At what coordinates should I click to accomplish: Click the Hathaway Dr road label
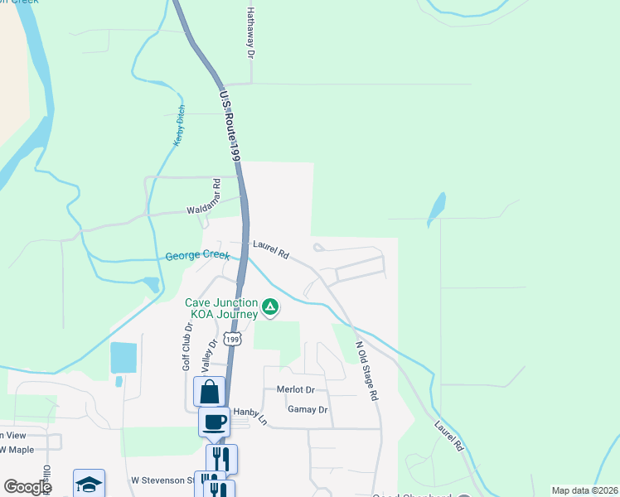pyautogui.click(x=249, y=33)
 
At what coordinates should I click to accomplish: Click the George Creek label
pyautogui.click(x=197, y=256)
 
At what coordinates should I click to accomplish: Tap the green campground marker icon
pyautogui.click(x=269, y=308)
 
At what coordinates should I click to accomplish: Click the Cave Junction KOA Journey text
pyautogui.click(x=221, y=307)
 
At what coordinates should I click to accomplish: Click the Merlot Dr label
pyautogui.click(x=297, y=389)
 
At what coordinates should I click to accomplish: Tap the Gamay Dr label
pyautogui.click(x=308, y=409)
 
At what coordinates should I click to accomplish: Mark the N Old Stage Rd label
pyautogui.click(x=366, y=371)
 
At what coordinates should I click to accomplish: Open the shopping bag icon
pyautogui.click(x=210, y=391)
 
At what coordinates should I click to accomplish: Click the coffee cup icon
pyautogui.click(x=214, y=422)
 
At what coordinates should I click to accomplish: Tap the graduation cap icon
pyautogui.click(x=89, y=484)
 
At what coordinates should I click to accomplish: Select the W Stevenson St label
pyautogui.click(x=161, y=480)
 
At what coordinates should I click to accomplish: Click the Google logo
pyautogui.click(x=27, y=487)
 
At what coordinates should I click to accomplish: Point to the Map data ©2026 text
pyautogui.click(x=584, y=490)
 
